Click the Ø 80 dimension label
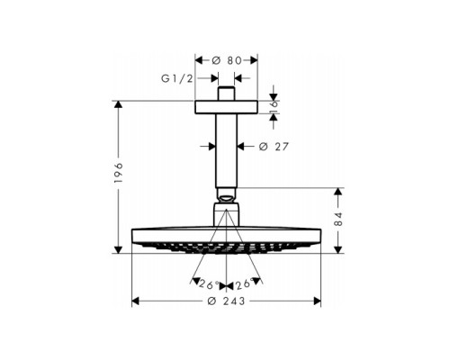[227, 60]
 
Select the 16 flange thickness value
[274, 107]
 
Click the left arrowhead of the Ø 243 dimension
[137, 300]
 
